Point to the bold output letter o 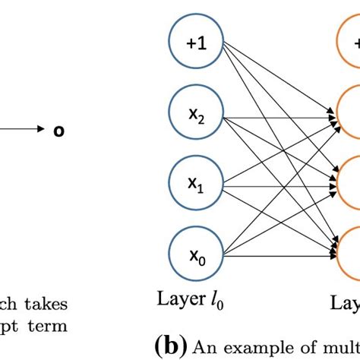coord(57,131)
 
